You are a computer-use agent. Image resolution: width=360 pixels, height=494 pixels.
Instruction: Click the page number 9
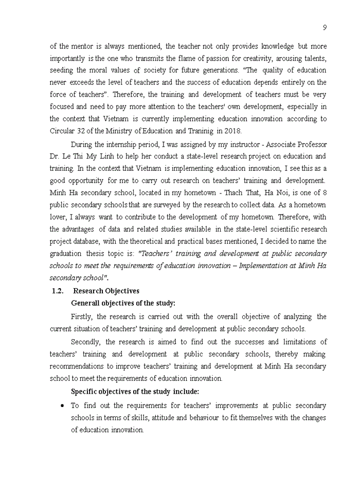click(325, 27)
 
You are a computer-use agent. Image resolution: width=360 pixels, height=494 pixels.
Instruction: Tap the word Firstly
click(82, 316)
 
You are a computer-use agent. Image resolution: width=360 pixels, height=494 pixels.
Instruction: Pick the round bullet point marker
click(62, 405)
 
